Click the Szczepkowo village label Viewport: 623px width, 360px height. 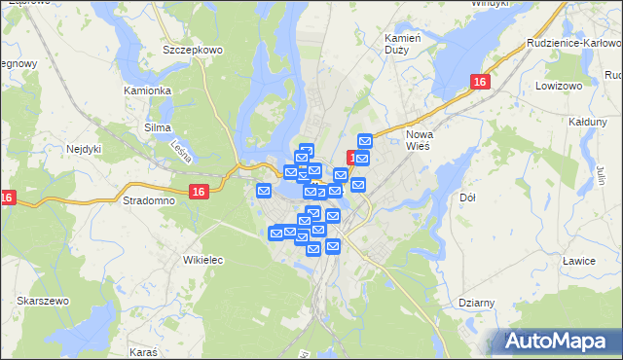194,50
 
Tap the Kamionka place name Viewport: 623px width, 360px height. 148,90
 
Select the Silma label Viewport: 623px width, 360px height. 157,127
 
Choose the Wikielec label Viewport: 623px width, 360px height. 203,260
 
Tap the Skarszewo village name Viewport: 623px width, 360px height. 42,302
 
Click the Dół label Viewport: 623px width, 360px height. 466,198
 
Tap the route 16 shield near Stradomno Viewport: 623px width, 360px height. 199,193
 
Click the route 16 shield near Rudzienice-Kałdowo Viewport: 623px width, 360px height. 478,84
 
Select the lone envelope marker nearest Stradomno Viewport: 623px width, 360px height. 264,191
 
